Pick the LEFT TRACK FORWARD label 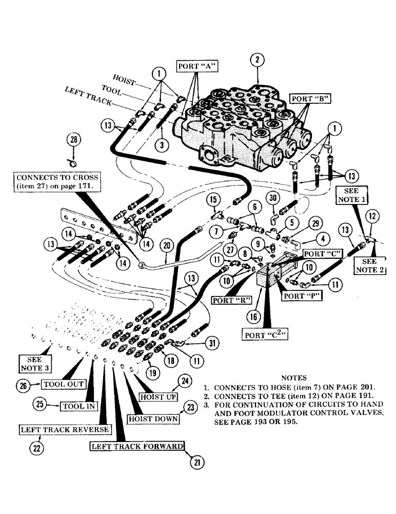click(x=137, y=446)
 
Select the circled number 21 click(x=195, y=462)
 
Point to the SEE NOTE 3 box click(x=33, y=363)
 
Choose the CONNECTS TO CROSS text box click(x=58, y=181)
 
